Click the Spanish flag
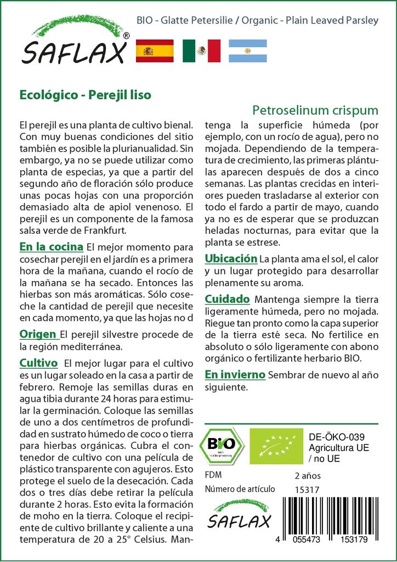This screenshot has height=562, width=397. (x=154, y=50)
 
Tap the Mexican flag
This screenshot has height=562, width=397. (x=201, y=50)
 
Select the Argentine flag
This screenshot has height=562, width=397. (x=248, y=50)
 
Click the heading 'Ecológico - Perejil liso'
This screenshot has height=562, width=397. (x=85, y=94)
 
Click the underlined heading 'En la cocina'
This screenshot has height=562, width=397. (x=51, y=246)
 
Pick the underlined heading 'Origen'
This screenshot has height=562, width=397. (x=38, y=334)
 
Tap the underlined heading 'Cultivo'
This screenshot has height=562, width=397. (x=38, y=363)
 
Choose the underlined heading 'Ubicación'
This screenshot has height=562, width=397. (x=231, y=258)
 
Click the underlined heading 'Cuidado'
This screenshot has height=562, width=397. (x=227, y=299)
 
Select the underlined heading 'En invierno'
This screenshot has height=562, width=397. (x=235, y=375)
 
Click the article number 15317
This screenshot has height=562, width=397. (x=307, y=490)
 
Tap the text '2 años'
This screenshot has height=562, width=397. (x=308, y=475)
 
